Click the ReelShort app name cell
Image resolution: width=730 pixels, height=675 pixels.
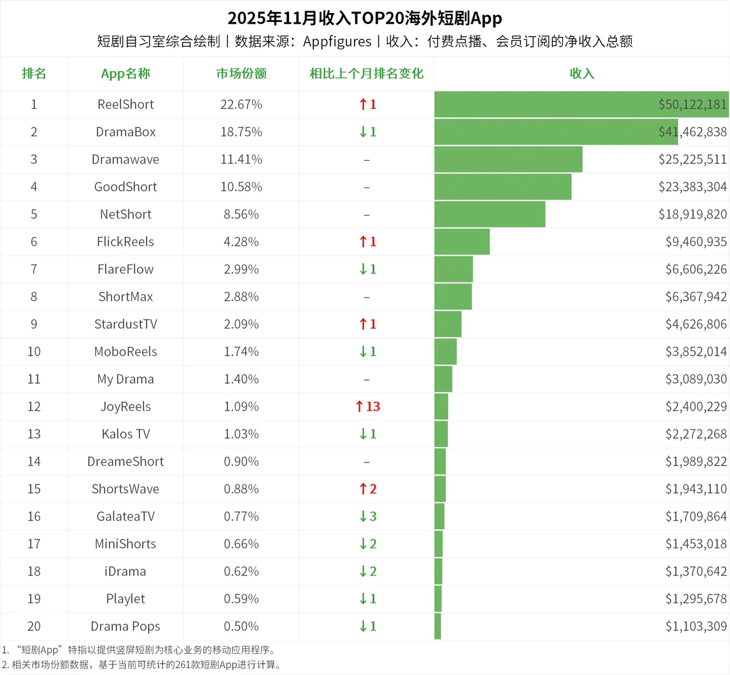click(x=125, y=104)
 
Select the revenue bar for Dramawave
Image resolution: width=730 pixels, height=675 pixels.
click(x=508, y=159)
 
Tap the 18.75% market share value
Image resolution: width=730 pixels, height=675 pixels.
click(x=241, y=132)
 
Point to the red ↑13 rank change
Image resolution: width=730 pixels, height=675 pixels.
click(x=367, y=407)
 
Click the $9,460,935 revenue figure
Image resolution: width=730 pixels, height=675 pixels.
click(x=696, y=242)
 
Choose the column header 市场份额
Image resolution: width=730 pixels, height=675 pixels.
click(x=241, y=74)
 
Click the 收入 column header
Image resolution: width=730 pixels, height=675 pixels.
click(x=581, y=74)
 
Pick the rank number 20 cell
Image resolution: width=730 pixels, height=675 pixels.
click(x=34, y=626)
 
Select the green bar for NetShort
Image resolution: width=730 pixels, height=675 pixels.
click(x=489, y=214)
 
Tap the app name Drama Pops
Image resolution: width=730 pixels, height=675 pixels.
click(x=125, y=626)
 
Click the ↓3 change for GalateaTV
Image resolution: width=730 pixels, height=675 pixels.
click(x=367, y=517)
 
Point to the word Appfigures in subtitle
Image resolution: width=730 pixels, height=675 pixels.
click(x=337, y=42)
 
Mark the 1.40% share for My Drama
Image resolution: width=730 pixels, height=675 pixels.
click(x=241, y=379)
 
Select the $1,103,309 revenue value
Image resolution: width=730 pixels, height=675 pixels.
click(x=696, y=626)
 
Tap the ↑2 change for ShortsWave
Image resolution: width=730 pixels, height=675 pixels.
click(x=367, y=489)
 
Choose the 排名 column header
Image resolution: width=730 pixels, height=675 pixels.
click(x=34, y=74)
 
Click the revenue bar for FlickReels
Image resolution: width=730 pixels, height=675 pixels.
click(x=462, y=242)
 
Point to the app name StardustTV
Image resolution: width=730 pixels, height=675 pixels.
click(x=125, y=324)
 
